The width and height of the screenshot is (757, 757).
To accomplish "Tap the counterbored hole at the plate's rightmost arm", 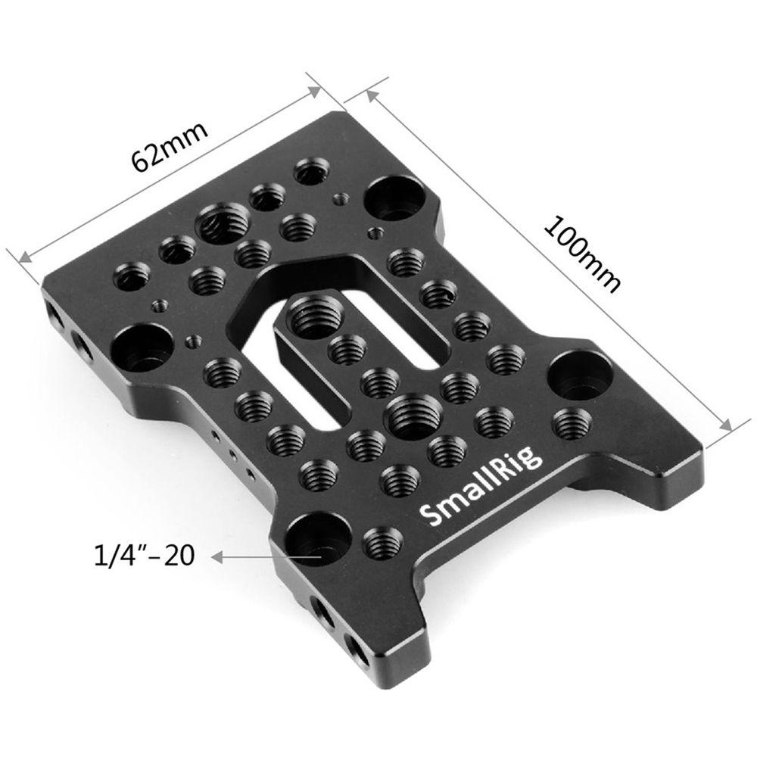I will coord(580,372).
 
